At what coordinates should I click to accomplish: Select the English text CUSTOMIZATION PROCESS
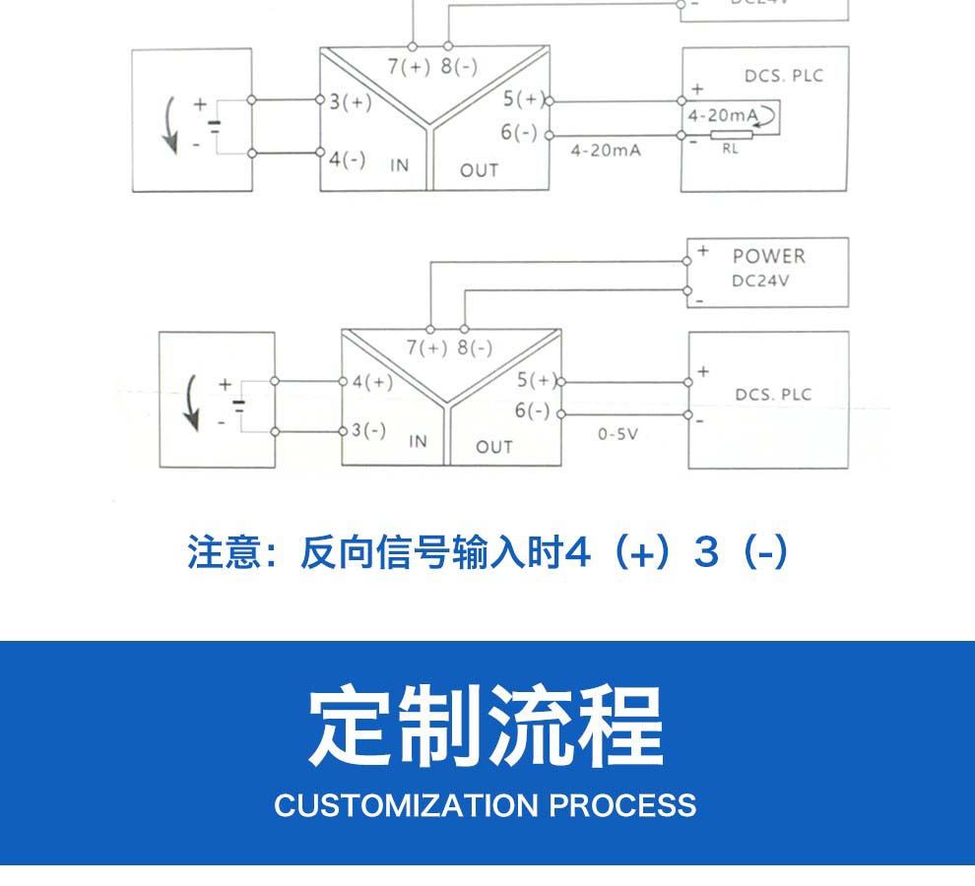(x=486, y=805)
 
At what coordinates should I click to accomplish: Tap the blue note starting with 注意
(x=487, y=552)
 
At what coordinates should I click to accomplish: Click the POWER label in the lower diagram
(x=768, y=256)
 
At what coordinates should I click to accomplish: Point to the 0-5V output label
(x=617, y=433)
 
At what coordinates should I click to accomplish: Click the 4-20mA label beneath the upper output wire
(x=606, y=151)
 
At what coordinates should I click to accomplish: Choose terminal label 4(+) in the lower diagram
(x=371, y=382)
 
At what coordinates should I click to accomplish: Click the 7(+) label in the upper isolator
(x=409, y=67)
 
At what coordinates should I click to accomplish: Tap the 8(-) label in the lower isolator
(x=475, y=348)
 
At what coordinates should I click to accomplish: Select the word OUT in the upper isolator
(x=480, y=170)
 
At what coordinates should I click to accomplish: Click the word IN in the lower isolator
(x=419, y=441)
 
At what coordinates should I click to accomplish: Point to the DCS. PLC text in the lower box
(x=773, y=395)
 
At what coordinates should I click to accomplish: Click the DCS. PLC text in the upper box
(x=784, y=76)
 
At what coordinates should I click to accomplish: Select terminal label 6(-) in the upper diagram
(x=519, y=132)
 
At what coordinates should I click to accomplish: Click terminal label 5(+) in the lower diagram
(x=537, y=381)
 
